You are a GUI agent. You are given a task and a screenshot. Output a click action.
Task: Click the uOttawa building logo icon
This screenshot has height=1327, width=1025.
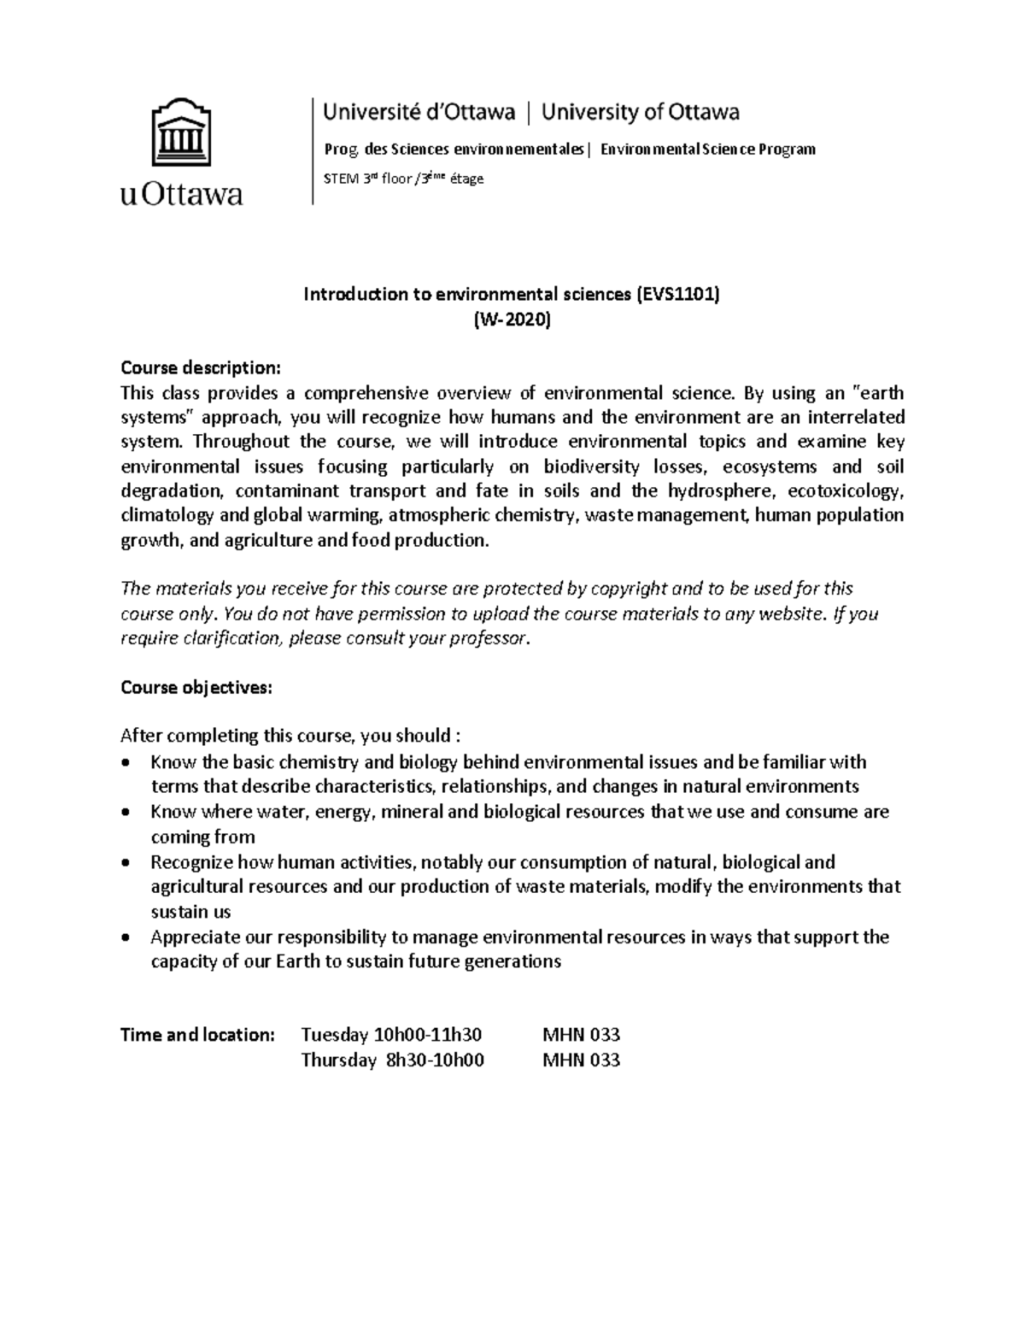(181, 132)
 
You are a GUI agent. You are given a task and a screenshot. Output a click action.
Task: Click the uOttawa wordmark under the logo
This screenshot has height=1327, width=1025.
(181, 195)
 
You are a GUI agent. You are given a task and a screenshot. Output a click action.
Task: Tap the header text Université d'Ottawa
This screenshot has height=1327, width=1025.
(419, 112)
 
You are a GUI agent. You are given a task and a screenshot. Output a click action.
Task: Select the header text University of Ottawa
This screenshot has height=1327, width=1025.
(641, 112)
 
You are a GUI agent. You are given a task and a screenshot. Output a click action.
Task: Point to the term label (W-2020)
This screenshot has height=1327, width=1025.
(512, 320)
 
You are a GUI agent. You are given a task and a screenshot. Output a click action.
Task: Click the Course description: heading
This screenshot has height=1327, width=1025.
(200, 368)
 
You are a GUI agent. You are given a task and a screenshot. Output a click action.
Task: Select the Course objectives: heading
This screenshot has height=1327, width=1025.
(196, 688)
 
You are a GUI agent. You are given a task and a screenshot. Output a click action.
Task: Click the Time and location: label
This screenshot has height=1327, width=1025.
(197, 1035)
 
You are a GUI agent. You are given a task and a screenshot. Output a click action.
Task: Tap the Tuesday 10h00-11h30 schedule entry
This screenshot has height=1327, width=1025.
(391, 1035)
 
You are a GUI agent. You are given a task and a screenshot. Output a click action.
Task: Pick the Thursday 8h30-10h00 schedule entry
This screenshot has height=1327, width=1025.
(392, 1060)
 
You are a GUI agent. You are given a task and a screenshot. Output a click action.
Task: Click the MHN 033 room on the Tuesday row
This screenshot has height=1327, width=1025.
(581, 1035)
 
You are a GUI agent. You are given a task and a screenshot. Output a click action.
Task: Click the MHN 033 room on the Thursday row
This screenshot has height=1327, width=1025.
(581, 1060)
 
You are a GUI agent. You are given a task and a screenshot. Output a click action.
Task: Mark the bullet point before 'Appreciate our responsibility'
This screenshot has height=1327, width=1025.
(126, 937)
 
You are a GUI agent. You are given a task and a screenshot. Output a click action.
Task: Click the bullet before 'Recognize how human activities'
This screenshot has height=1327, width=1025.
(126, 863)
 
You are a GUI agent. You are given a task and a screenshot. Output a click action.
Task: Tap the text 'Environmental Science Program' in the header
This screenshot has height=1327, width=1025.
(707, 150)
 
